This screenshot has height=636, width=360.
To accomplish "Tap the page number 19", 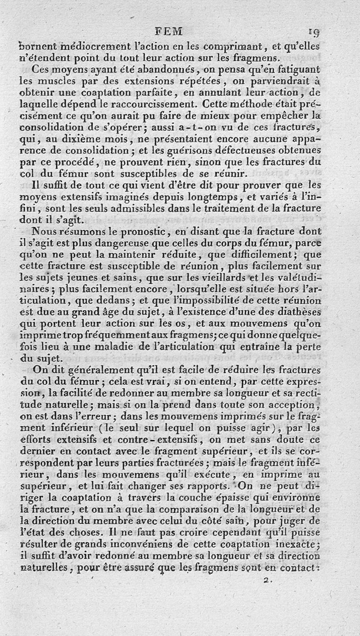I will click(x=314, y=32).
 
